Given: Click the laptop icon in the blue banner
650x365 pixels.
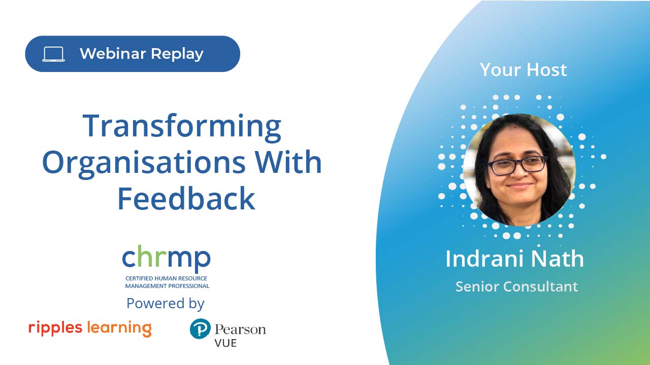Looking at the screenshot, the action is [x=54, y=54].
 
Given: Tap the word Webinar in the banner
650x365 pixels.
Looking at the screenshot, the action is [x=113, y=54].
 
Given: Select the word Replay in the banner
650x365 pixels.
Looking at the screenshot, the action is [x=177, y=54].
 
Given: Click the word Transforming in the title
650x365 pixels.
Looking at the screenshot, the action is [x=182, y=127].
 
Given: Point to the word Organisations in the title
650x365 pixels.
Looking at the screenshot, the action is [x=144, y=163].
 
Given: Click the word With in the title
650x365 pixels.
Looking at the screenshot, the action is [x=288, y=162].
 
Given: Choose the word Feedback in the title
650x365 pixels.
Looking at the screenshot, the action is [x=186, y=198].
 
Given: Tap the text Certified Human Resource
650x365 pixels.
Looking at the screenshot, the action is [x=166, y=278].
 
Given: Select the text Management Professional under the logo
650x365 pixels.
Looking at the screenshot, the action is [x=167, y=286].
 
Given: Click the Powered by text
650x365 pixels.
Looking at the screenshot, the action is [x=166, y=304].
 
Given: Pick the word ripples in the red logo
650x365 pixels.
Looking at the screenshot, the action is [x=55, y=328].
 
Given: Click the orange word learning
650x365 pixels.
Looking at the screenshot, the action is [x=119, y=328].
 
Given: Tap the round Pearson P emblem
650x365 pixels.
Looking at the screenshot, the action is [x=200, y=329].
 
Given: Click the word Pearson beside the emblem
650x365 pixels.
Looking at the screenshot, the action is [x=240, y=330].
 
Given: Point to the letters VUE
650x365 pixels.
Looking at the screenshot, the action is [x=225, y=343].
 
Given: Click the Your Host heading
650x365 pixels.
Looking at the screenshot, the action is [x=524, y=70].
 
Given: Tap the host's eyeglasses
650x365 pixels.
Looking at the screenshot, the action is [x=517, y=165].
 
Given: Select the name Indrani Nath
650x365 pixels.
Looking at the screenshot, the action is [x=514, y=259].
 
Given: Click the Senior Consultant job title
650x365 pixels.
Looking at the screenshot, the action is [x=517, y=286].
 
